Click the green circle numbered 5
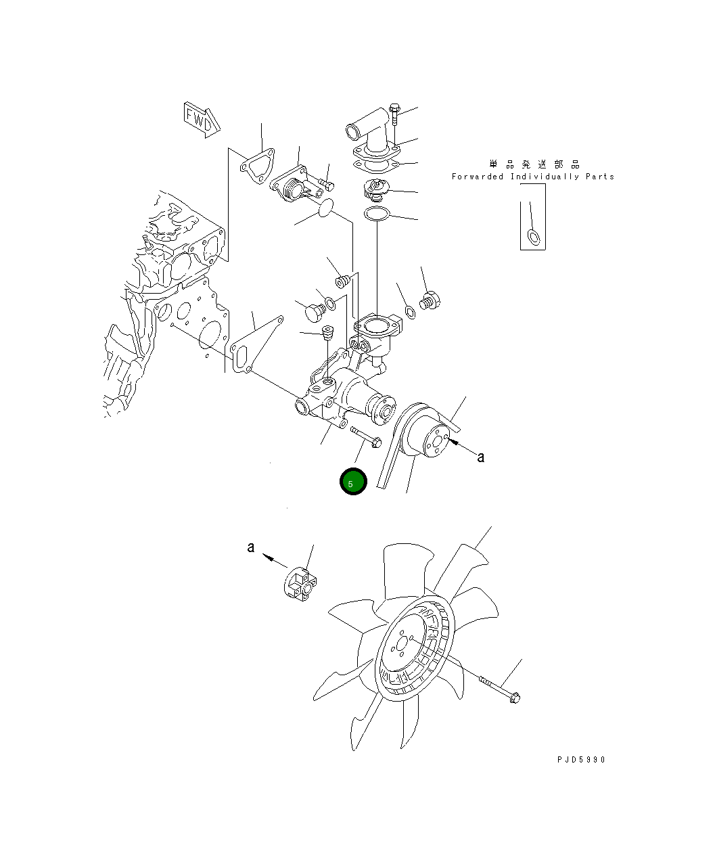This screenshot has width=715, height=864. click(x=353, y=481)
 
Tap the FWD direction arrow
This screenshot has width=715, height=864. click(x=202, y=120)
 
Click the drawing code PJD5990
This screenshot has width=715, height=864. click(x=581, y=760)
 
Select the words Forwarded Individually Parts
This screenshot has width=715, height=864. click(x=533, y=177)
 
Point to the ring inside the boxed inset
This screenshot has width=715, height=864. click(x=534, y=237)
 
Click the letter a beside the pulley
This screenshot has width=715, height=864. click(x=480, y=457)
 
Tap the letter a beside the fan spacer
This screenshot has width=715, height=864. click(x=251, y=547)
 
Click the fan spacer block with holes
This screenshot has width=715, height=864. click(x=300, y=585)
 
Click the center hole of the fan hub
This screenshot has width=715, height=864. click(x=402, y=644)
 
